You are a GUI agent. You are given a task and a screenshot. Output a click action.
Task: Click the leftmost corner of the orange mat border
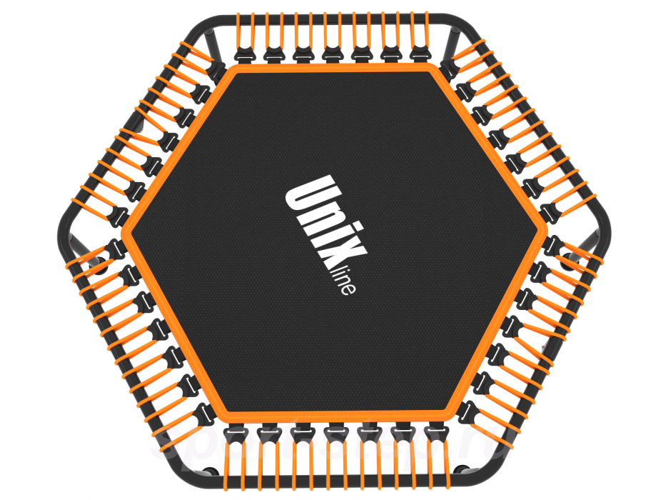coord(126,239)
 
